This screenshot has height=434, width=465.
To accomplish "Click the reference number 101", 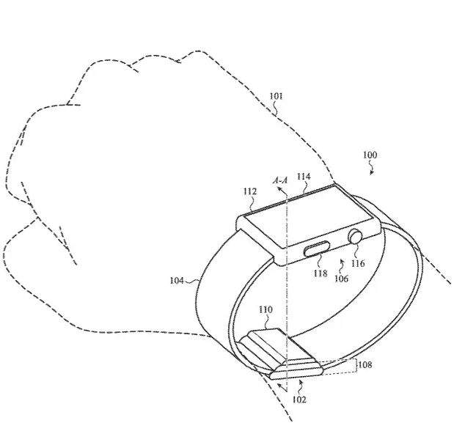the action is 276,97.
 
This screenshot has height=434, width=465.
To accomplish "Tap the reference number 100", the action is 370,155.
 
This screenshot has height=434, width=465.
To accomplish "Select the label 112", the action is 249,191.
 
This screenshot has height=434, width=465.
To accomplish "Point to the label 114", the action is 304,177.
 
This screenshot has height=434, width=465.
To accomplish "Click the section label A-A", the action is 280,180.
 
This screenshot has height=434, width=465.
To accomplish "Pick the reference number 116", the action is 358,263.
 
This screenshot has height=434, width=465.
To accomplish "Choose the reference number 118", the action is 321,273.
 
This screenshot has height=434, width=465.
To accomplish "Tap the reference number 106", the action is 341,279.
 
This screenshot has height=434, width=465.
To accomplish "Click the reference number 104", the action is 177,281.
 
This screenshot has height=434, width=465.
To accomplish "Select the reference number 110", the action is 266,310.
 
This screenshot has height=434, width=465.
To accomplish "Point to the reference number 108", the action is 365,364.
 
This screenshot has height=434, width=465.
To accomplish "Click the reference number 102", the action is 299,400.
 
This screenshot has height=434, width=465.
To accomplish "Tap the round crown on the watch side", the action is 356,237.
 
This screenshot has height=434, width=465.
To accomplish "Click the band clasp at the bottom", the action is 282,354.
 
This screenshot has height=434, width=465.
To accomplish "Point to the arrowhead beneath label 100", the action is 372,172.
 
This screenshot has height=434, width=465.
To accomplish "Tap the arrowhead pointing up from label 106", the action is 341,260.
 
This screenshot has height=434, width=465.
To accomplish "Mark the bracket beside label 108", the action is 356,366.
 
